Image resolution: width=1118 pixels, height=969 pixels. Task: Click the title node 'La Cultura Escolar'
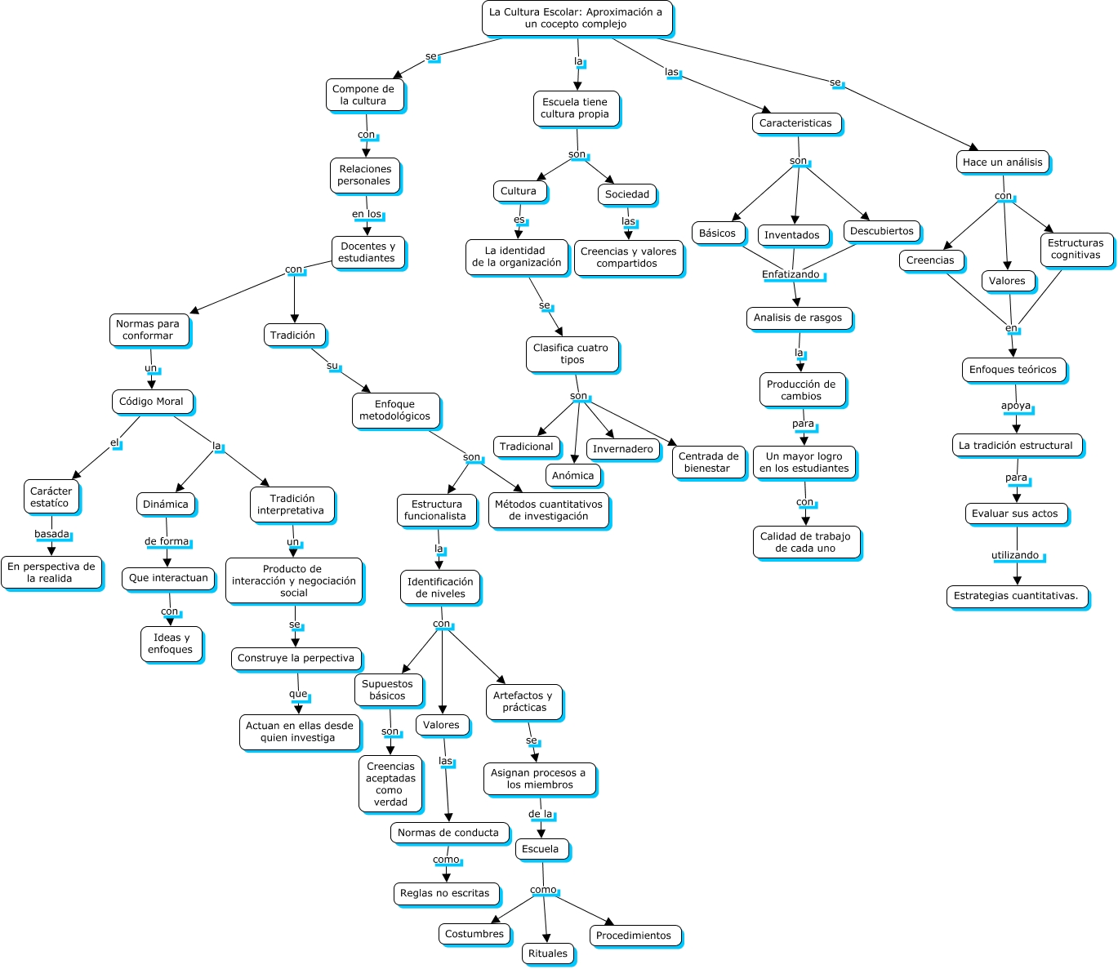pos(577,18)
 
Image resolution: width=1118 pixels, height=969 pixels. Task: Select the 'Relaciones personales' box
pos(365,176)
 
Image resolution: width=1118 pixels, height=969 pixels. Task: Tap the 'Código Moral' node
pos(152,402)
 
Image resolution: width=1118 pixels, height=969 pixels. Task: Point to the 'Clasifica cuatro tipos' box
pos(572,354)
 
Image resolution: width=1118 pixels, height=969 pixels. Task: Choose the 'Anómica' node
pos(573,476)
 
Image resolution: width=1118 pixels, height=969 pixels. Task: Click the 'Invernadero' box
pos(623,449)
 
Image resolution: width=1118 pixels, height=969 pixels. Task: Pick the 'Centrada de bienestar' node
pos(708,463)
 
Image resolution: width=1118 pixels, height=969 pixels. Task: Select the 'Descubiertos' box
pos(882,232)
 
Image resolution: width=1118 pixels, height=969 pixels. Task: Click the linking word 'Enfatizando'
pos(791,274)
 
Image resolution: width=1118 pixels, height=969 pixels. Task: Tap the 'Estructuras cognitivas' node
pos(1076,249)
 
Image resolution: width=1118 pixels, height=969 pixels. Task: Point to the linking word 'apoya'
pos(1016,406)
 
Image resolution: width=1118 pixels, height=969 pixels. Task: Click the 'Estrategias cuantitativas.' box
pos(1016,596)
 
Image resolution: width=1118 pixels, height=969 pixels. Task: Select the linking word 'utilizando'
pos(1015,555)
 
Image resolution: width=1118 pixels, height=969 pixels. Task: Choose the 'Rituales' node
pos(548,953)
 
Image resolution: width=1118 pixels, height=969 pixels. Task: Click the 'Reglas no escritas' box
pos(445,893)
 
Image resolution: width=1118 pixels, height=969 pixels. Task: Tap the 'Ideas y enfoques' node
pos(171,644)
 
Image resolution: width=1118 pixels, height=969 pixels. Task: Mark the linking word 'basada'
pos(51,534)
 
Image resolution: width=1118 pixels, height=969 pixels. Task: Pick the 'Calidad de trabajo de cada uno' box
pos(806,543)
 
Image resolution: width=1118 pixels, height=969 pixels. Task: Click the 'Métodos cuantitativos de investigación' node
pos(549,510)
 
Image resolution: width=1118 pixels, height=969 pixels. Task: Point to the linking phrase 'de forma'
pos(167,541)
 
